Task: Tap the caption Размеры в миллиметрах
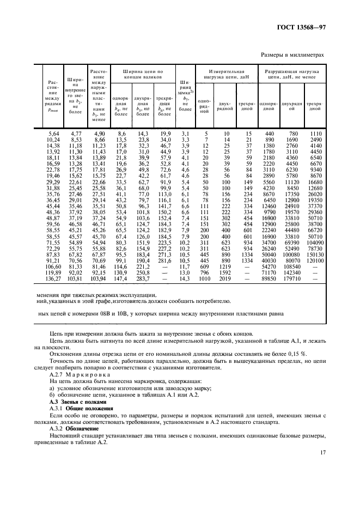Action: pyautogui.click(x=294, y=54)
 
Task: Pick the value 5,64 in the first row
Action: pyautogui.click(x=53, y=133)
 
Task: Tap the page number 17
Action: pyautogui.click(x=322, y=452)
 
